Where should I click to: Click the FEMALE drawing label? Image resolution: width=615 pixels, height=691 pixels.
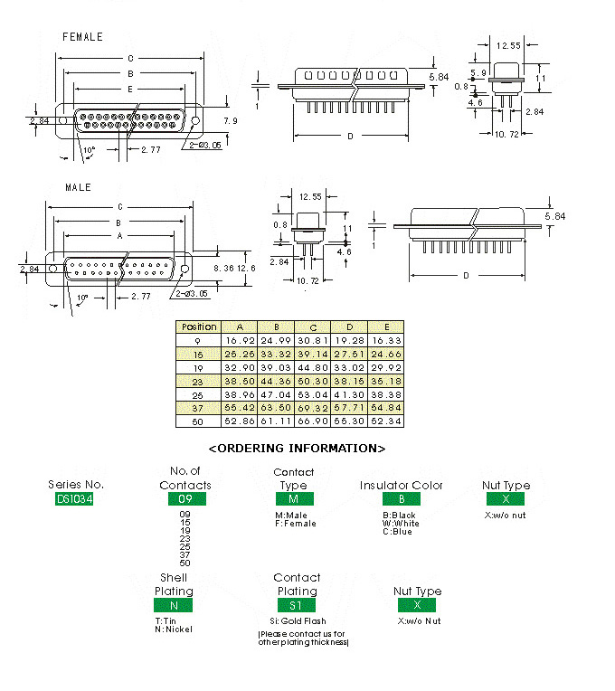pos(82,37)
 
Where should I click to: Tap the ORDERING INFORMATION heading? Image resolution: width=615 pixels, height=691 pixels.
pos(298,448)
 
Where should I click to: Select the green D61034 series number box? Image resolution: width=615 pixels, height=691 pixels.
pos(75,498)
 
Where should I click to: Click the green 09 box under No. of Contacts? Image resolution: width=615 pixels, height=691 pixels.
pos(184,498)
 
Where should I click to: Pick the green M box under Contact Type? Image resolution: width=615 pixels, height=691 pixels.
pos(293,498)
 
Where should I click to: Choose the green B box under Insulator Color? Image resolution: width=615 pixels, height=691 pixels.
pos(401,498)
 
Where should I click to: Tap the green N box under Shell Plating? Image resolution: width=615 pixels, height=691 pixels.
pos(173,605)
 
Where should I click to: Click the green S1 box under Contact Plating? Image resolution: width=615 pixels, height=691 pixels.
pos(297,605)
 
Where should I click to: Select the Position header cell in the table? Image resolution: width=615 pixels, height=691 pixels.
pos(199,327)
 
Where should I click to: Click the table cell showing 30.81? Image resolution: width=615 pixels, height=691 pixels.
pos(313,340)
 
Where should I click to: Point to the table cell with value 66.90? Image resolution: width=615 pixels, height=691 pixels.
pos(313,421)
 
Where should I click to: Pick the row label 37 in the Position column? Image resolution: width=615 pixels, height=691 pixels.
pos(199,408)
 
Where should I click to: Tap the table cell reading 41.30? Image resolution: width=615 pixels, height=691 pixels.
pos(350,394)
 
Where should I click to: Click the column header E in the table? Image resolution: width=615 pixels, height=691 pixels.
pos(386,327)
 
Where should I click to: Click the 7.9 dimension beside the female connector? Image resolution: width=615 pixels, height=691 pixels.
pos(230,120)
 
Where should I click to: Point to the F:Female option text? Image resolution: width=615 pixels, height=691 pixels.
pos(296,524)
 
